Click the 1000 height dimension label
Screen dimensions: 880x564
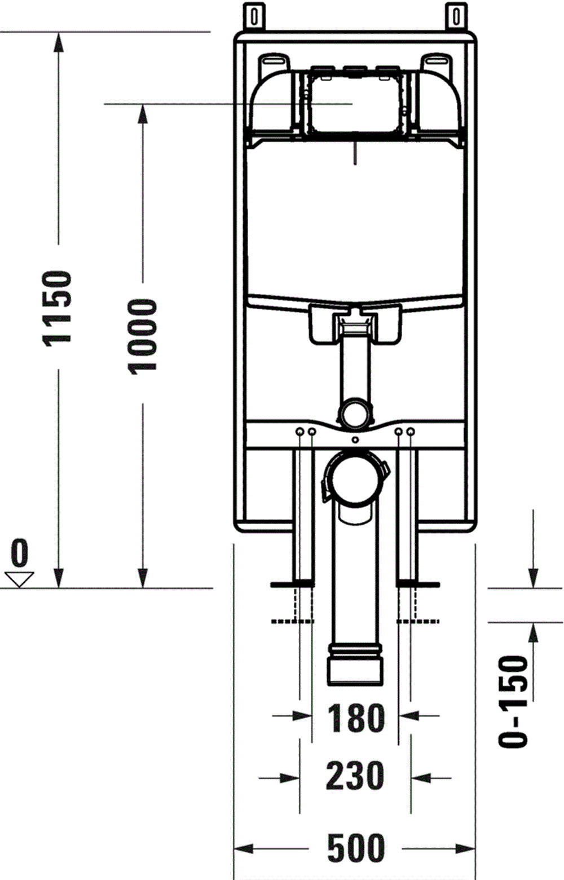142,336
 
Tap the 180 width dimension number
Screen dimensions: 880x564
355,718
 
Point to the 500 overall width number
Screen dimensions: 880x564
356,848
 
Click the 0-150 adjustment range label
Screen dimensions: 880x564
513,701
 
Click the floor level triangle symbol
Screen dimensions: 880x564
20,579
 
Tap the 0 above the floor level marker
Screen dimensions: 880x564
20,553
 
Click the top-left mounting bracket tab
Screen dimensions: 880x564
255,16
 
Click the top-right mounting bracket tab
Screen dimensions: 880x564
456,16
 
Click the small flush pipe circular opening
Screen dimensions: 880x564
355,413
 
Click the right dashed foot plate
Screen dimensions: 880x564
418,621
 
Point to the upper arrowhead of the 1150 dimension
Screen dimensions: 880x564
58,43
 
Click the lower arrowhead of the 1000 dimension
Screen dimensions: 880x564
142,578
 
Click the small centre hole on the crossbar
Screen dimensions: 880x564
354,440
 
